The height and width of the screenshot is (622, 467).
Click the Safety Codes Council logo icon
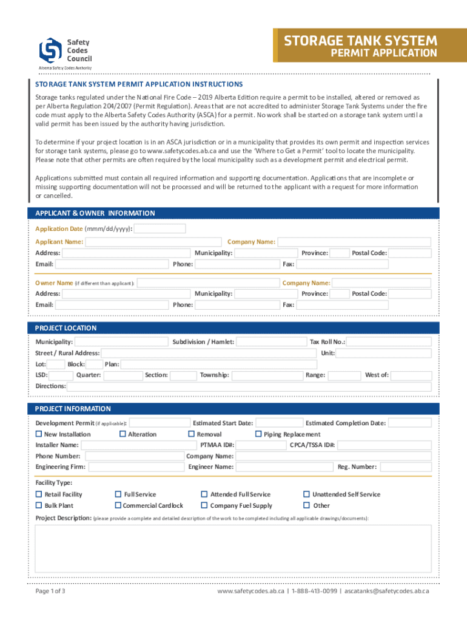[x=50, y=50]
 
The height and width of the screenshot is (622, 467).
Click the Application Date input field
[x=160, y=229]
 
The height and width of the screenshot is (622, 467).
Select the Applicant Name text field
[x=154, y=242]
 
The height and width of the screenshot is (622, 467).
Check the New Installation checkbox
[x=39, y=434]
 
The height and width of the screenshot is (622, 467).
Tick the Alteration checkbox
[x=123, y=434]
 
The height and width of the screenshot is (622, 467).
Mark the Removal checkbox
[x=192, y=434]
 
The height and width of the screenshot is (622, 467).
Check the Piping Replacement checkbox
[x=258, y=434]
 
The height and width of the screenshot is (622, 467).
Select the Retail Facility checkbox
[x=39, y=494]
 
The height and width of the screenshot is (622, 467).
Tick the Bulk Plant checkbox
[x=39, y=505]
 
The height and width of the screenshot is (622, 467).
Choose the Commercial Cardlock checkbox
[x=118, y=505]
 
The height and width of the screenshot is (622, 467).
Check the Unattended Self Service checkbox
[x=306, y=494]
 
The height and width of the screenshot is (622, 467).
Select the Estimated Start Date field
[x=278, y=423]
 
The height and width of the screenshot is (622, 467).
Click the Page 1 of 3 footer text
[x=50, y=591]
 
